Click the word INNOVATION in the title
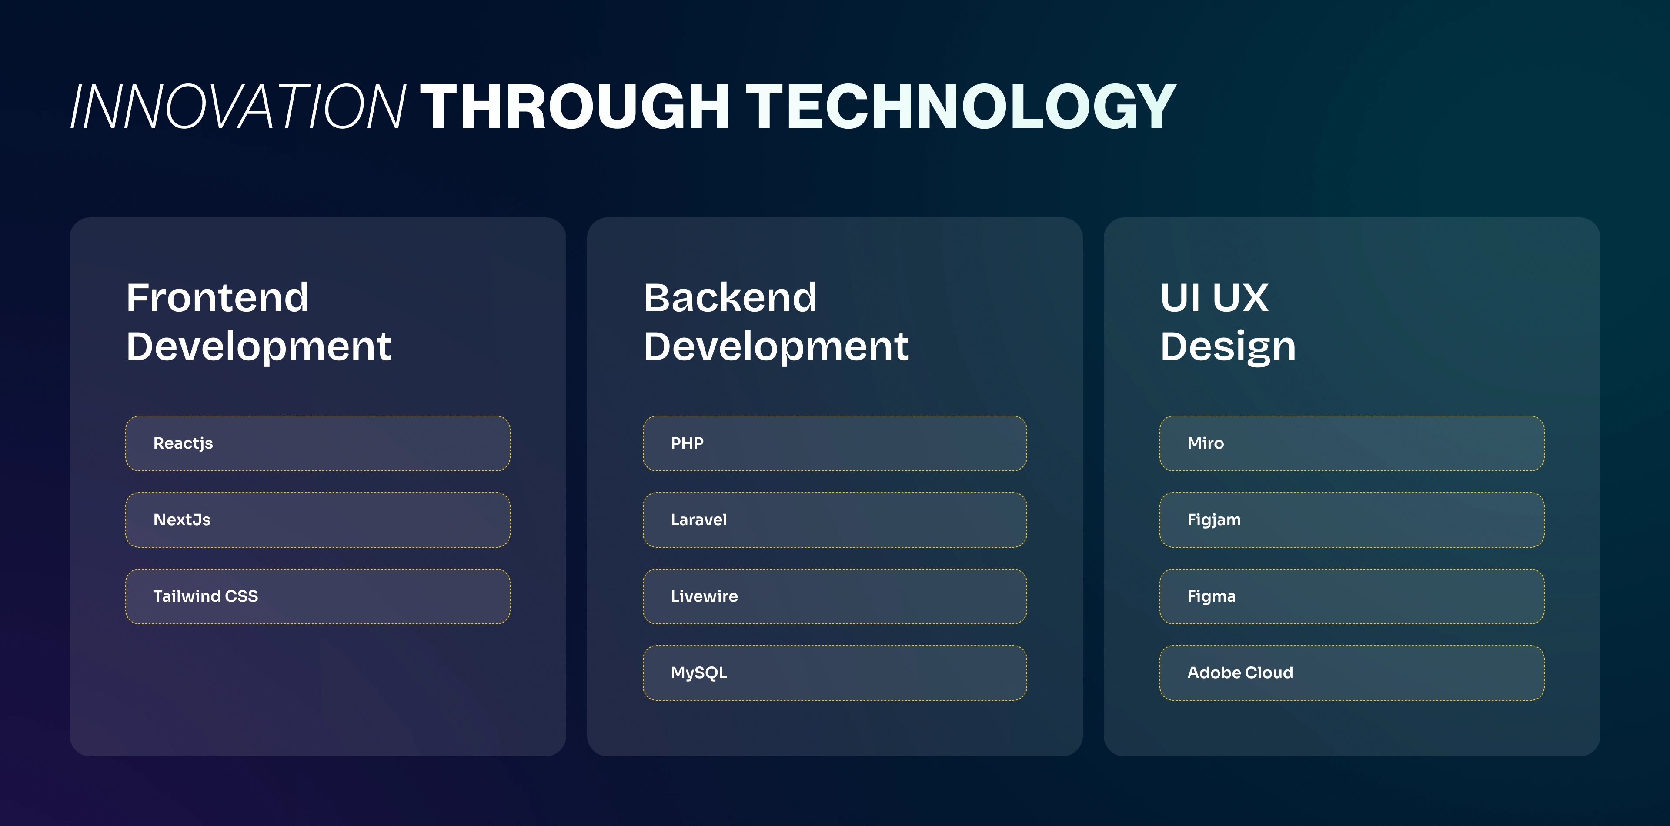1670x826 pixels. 238,107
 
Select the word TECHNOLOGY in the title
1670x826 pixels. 961,107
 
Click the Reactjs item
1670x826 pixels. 317,443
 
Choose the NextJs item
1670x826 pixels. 317,520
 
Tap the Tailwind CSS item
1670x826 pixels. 317,596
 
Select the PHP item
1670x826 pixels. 835,443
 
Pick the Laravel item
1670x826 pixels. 835,520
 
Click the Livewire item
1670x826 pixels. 835,596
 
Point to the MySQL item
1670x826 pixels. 835,673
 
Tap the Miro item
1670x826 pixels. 1352,443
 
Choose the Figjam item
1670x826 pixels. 1352,520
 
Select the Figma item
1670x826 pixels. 1352,596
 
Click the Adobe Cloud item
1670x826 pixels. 1352,673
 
